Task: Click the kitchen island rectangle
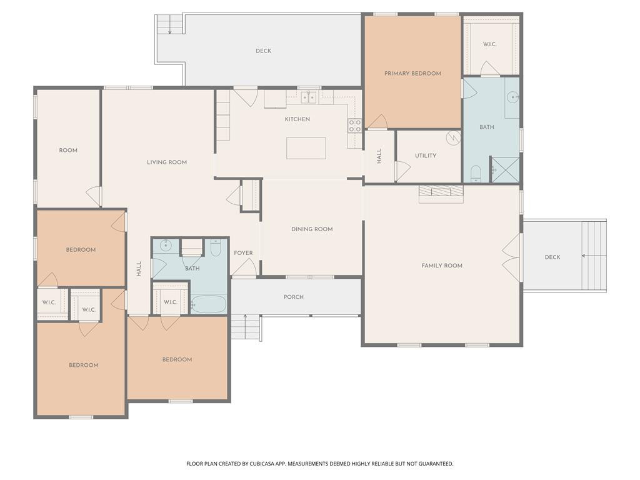click(306, 148)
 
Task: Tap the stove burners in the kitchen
click(354, 126)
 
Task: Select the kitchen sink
click(309, 97)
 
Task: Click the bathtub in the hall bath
click(208, 304)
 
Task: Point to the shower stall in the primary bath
click(505, 170)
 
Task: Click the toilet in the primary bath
click(476, 174)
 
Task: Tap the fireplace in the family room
click(441, 194)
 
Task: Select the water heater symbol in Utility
click(454, 138)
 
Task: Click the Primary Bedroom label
click(412, 74)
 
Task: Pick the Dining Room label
click(312, 229)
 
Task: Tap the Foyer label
click(243, 253)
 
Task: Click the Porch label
click(294, 297)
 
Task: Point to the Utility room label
click(426, 156)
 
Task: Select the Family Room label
click(442, 266)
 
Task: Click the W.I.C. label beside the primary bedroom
click(490, 44)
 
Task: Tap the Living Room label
click(167, 162)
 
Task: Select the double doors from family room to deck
click(512, 257)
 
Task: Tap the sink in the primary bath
click(513, 97)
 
